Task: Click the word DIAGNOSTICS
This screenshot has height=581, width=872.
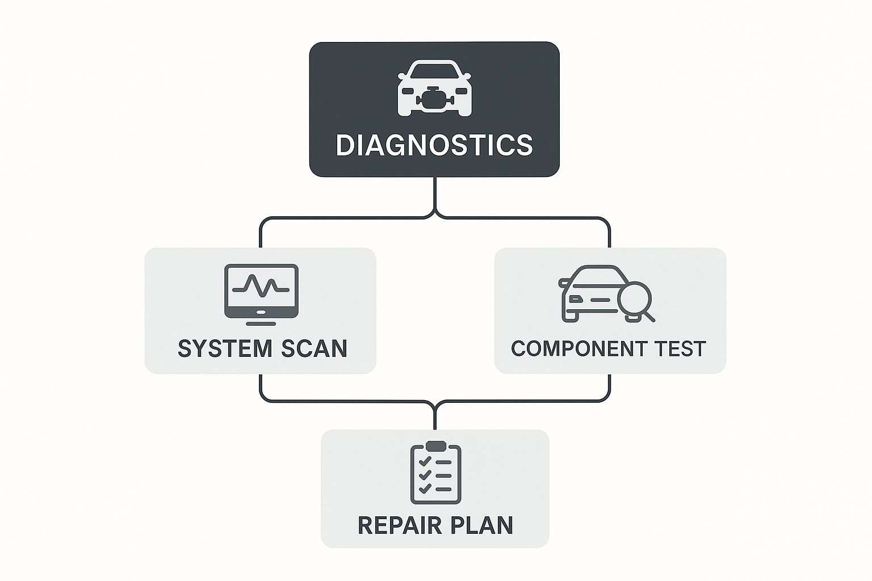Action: (x=434, y=145)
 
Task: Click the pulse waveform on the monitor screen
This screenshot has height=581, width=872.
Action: (x=261, y=286)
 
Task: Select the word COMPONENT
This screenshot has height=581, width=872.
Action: (x=572, y=348)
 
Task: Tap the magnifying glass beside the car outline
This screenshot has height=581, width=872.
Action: (x=636, y=300)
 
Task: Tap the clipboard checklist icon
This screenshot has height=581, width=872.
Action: (x=435, y=473)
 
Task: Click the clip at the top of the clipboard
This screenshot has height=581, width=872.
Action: (x=435, y=445)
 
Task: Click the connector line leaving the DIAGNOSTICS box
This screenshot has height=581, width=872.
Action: (x=435, y=196)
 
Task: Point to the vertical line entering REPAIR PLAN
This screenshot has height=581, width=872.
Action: (x=435, y=419)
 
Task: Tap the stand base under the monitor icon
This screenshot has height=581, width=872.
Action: (x=261, y=324)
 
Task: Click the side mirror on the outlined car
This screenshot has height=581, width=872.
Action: (x=563, y=281)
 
